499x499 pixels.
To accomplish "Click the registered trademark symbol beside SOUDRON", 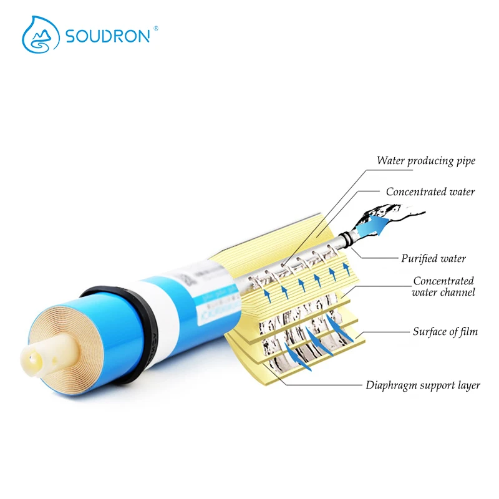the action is tap(155, 27).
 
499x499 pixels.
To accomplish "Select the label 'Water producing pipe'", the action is tap(426, 161).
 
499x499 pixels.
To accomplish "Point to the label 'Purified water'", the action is tap(434, 258).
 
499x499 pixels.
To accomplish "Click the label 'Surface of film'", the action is tap(445, 332).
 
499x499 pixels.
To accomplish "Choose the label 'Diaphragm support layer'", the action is tap(423, 385).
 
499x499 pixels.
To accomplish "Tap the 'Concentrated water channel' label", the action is tap(444, 286).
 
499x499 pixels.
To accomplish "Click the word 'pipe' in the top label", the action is tap(465, 162).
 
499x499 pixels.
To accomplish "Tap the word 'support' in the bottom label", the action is tap(436, 385).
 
